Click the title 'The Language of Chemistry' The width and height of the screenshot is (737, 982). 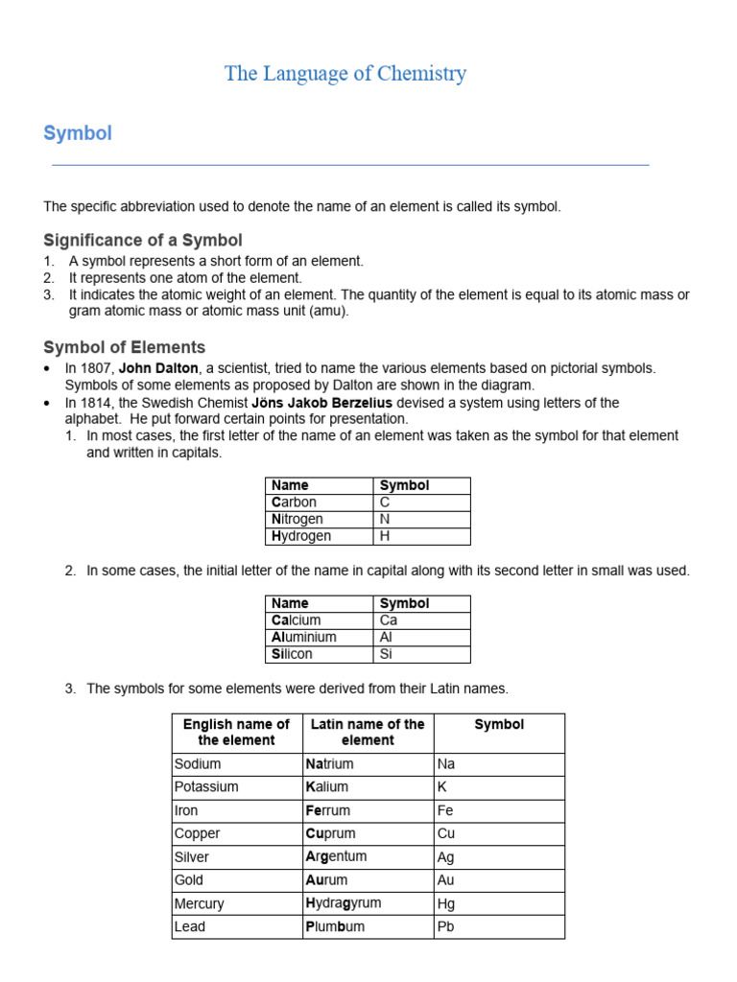345,74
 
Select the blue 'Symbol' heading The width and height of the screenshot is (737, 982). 78,133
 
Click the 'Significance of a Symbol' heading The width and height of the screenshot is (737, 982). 143,240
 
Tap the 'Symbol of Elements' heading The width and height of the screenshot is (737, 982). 125,347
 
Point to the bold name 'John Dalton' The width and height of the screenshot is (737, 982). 158,368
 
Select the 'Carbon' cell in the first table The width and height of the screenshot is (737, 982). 295,503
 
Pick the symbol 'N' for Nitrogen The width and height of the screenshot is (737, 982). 385,519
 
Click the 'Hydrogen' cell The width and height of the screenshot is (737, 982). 301,536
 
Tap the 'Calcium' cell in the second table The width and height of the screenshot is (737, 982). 297,620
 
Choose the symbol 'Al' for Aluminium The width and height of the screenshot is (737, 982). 387,637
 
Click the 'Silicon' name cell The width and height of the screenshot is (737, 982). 293,654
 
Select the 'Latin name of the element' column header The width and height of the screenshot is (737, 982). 368,733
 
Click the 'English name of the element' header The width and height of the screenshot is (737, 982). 236,733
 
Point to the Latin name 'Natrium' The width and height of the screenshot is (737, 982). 329,764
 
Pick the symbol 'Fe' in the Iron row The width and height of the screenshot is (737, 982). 445,810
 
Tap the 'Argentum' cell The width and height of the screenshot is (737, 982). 336,856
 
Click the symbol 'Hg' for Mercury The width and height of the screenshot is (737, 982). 446,903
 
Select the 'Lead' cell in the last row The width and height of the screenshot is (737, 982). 190,926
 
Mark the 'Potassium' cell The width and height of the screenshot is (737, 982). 206,787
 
